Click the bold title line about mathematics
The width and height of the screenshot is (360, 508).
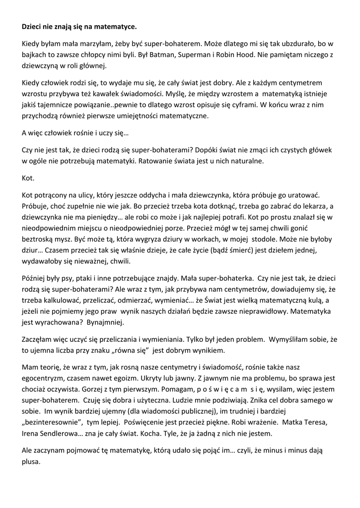tap(79, 25)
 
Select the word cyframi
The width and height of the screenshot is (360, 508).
tap(239, 105)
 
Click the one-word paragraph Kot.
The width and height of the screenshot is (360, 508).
tap(28, 177)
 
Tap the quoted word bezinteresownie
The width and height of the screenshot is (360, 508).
tap(52, 422)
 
